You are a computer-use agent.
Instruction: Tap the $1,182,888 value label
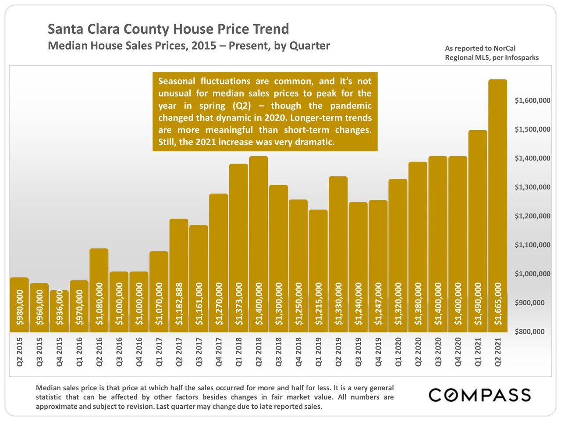[x=179, y=304]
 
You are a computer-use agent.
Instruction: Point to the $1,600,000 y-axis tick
[x=532, y=100]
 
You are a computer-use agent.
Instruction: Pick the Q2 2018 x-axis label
[x=259, y=352]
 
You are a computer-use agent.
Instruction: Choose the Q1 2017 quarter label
[x=159, y=352]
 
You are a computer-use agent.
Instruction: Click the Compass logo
[x=479, y=395]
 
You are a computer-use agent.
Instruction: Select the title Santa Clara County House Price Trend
[x=168, y=29]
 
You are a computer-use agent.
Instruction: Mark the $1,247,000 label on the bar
[x=378, y=304]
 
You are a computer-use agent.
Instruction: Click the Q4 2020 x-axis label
[x=458, y=352]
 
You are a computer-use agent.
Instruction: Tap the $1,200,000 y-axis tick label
[x=532, y=216]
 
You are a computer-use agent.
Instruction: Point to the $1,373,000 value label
[x=239, y=304]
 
